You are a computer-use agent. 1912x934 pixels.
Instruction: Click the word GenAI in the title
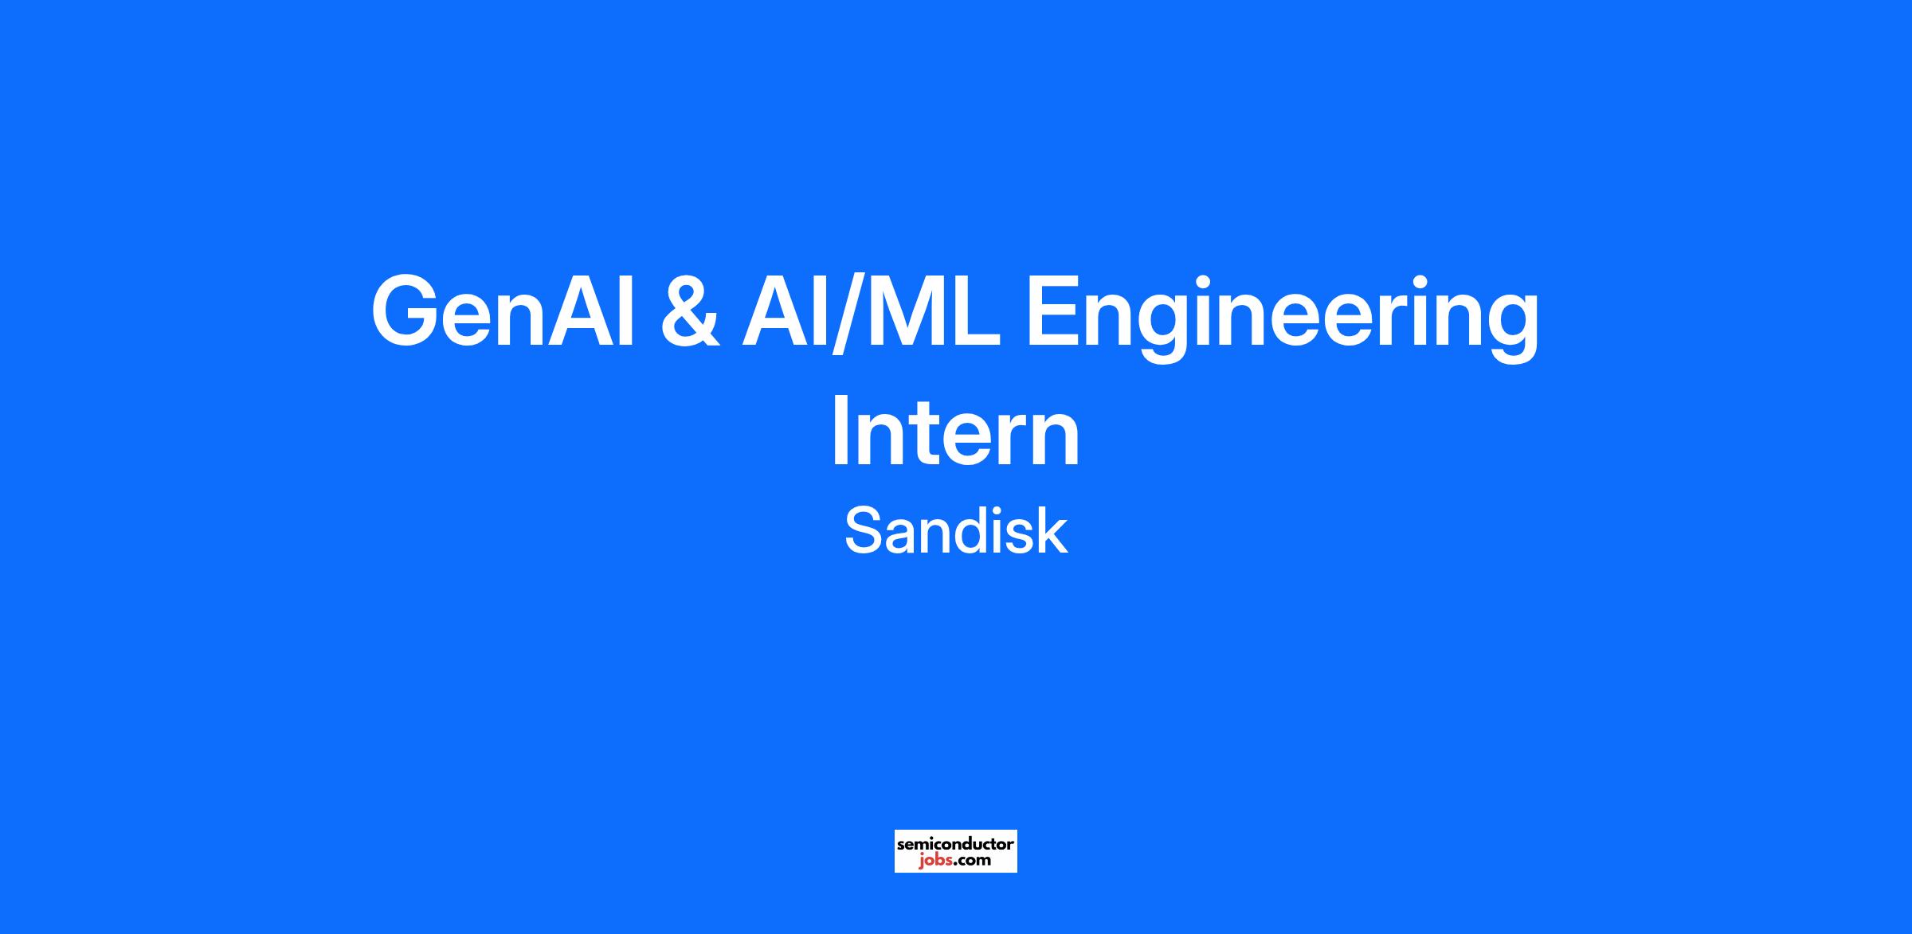click(x=503, y=311)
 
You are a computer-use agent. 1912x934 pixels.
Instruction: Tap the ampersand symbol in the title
click(x=691, y=311)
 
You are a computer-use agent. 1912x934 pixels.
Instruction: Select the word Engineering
click(x=1282, y=319)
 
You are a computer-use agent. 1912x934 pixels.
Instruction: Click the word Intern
click(x=955, y=434)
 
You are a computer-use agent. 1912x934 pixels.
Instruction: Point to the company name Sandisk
click(x=955, y=532)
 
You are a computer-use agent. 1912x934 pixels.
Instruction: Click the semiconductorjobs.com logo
click(x=955, y=851)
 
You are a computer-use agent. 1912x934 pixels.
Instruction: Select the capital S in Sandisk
click(x=862, y=532)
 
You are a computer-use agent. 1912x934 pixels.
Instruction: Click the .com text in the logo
click(x=972, y=860)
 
